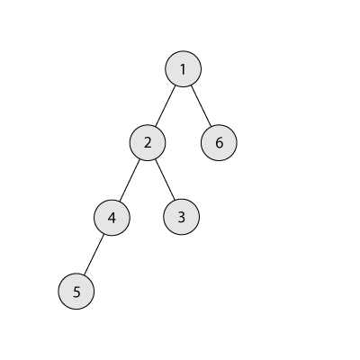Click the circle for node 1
point(183,69)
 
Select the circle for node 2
point(148,143)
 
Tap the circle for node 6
point(219,143)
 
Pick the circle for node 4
point(112,218)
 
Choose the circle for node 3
point(181,217)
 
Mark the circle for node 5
point(76,292)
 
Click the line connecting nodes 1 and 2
point(166,106)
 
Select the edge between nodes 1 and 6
point(201,106)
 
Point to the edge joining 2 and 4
point(130,180)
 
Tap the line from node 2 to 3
point(165,180)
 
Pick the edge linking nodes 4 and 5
point(94,255)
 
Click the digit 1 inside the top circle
point(183,69)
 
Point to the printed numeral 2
point(148,143)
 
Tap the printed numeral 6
point(220,143)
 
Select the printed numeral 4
point(112,218)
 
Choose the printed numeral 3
point(182,217)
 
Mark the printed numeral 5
point(76,292)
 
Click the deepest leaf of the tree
point(76,292)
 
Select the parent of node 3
point(148,143)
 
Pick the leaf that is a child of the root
point(219,143)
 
